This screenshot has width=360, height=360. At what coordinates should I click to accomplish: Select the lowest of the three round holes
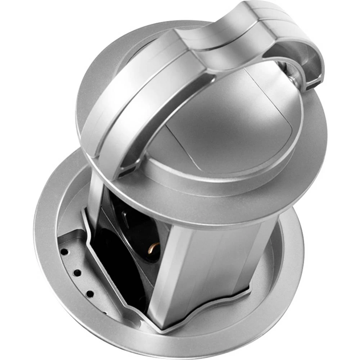pyautogui.click(x=89, y=294)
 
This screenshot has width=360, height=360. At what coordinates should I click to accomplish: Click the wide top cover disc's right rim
pyautogui.click(x=317, y=151)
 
